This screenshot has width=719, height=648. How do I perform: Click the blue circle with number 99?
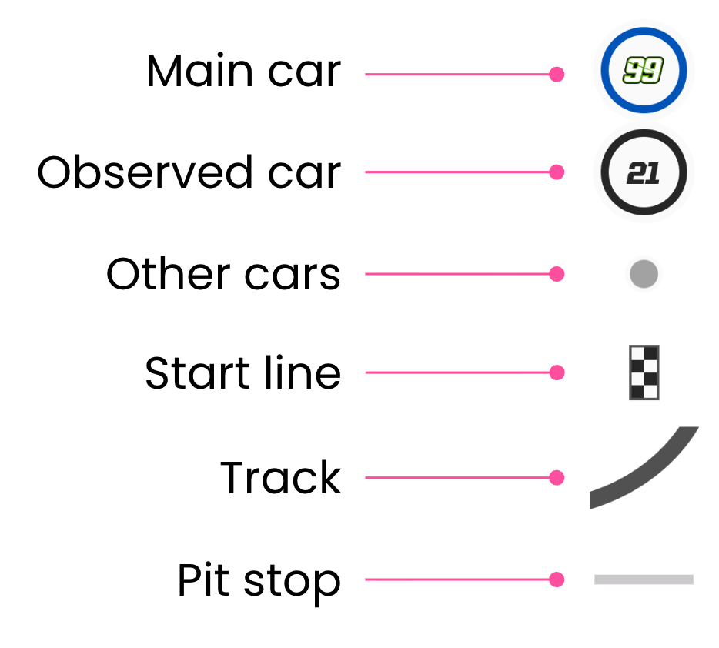click(643, 72)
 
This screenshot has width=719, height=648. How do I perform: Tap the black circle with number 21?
click(643, 172)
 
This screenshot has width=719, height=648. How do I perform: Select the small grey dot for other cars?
click(644, 274)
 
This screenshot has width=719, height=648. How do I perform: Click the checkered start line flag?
click(644, 372)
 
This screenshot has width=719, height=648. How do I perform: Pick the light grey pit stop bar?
click(644, 580)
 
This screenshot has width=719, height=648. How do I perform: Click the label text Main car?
click(243, 72)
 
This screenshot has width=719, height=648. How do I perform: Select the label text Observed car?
click(189, 172)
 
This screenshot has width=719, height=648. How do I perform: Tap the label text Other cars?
click(223, 274)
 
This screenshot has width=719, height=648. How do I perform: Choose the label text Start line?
click(242, 373)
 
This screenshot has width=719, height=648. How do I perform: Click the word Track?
click(280, 478)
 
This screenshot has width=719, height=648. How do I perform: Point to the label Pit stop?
click(259, 581)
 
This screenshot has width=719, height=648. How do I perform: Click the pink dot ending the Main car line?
click(557, 75)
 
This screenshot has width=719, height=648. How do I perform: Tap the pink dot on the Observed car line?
click(557, 172)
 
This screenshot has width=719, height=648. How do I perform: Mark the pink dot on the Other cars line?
click(557, 274)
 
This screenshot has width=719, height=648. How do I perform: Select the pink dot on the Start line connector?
click(557, 372)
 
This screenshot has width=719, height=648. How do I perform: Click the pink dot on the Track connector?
click(557, 478)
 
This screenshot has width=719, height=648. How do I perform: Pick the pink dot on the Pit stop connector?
click(557, 580)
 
